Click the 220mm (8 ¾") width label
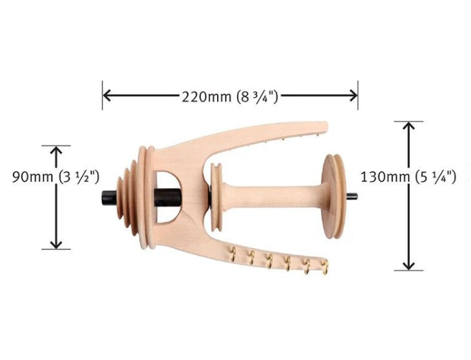pyautogui.click(x=230, y=97)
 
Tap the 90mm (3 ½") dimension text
pyautogui.click(x=55, y=177)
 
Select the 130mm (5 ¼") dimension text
pyautogui.click(x=409, y=177)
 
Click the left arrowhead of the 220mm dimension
pyautogui.click(x=107, y=95)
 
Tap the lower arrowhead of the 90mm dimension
pyautogui.click(x=56, y=245)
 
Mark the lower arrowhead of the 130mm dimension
pyautogui.click(x=409, y=266)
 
